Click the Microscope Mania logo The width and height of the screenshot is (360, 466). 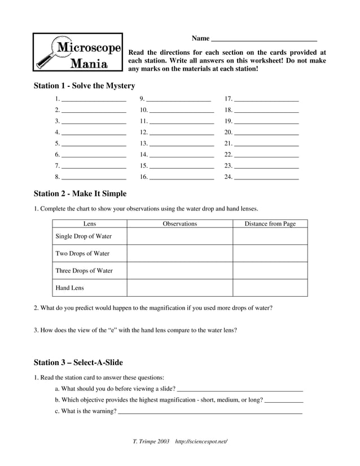(x=78, y=52)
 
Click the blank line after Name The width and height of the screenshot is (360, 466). (x=264, y=41)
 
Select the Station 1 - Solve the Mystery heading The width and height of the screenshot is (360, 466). (x=85, y=86)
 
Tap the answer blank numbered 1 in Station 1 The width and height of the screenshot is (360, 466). (x=94, y=100)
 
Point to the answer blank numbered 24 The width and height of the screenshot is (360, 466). (x=266, y=178)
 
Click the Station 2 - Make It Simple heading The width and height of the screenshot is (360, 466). (x=80, y=194)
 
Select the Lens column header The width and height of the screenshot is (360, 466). (x=90, y=224)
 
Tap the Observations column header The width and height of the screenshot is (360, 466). (x=180, y=224)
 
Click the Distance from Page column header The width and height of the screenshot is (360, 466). (x=270, y=224)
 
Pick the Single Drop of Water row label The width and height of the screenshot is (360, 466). (x=84, y=236)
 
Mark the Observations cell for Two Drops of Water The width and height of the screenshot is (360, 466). (x=180, y=253)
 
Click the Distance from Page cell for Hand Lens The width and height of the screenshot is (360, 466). (x=270, y=288)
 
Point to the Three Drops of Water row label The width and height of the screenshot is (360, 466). (x=84, y=271)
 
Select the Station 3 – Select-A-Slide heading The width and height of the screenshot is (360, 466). (x=78, y=362)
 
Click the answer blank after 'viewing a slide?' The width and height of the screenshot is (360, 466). (x=240, y=389)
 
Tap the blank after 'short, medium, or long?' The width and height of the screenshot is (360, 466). (x=284, y=401)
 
